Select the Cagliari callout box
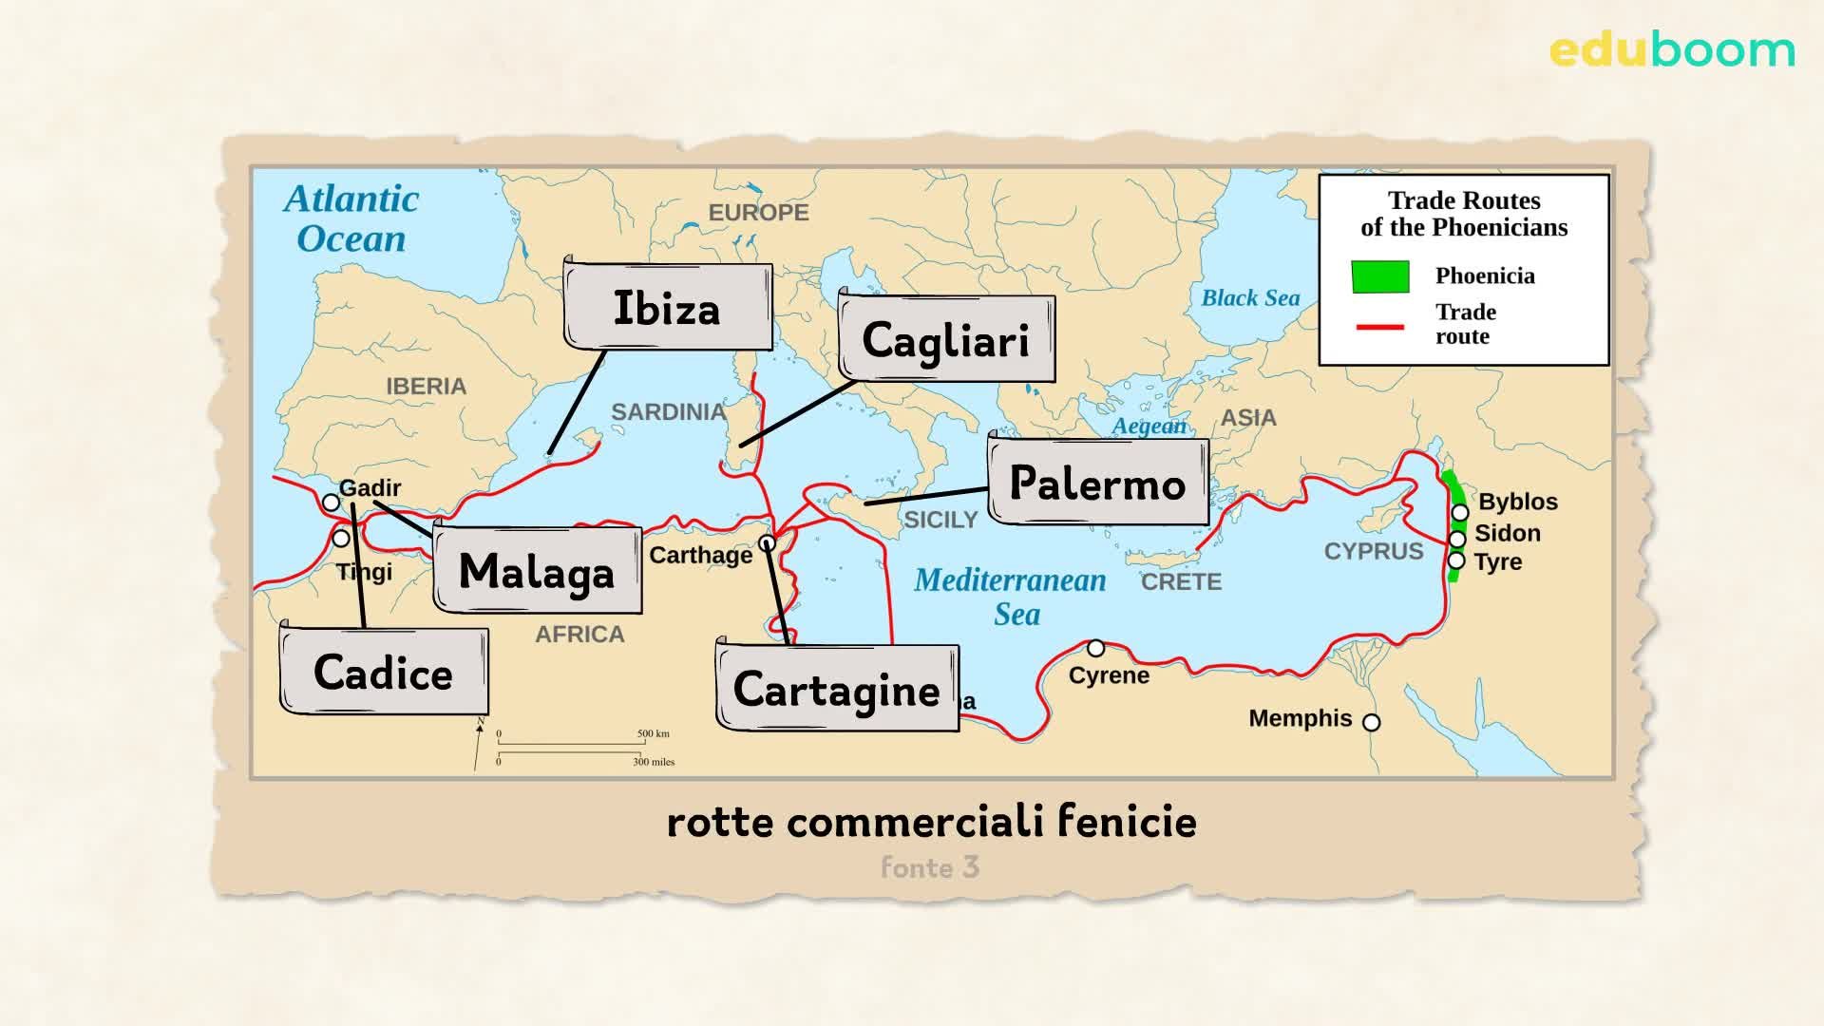[946, 339]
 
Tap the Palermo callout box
[1098, 483]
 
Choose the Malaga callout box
[538, 571]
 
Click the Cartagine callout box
[837, 689]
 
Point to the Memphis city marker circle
[1371, 722]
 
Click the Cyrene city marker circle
[1095, 649]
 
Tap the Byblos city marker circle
[1460, 513]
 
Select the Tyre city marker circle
[1456, 560]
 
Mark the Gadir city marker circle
[331, 503]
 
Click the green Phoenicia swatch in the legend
[1380, 276]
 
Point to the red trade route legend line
[1379, 327]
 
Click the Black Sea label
[1250, 298]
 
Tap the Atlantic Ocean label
[351, 218]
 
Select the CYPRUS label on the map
[1374, 552]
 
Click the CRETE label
[1181, 581]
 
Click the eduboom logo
[1672, 50]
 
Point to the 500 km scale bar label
[654, 733]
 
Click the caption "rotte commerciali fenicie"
[931, 822]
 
